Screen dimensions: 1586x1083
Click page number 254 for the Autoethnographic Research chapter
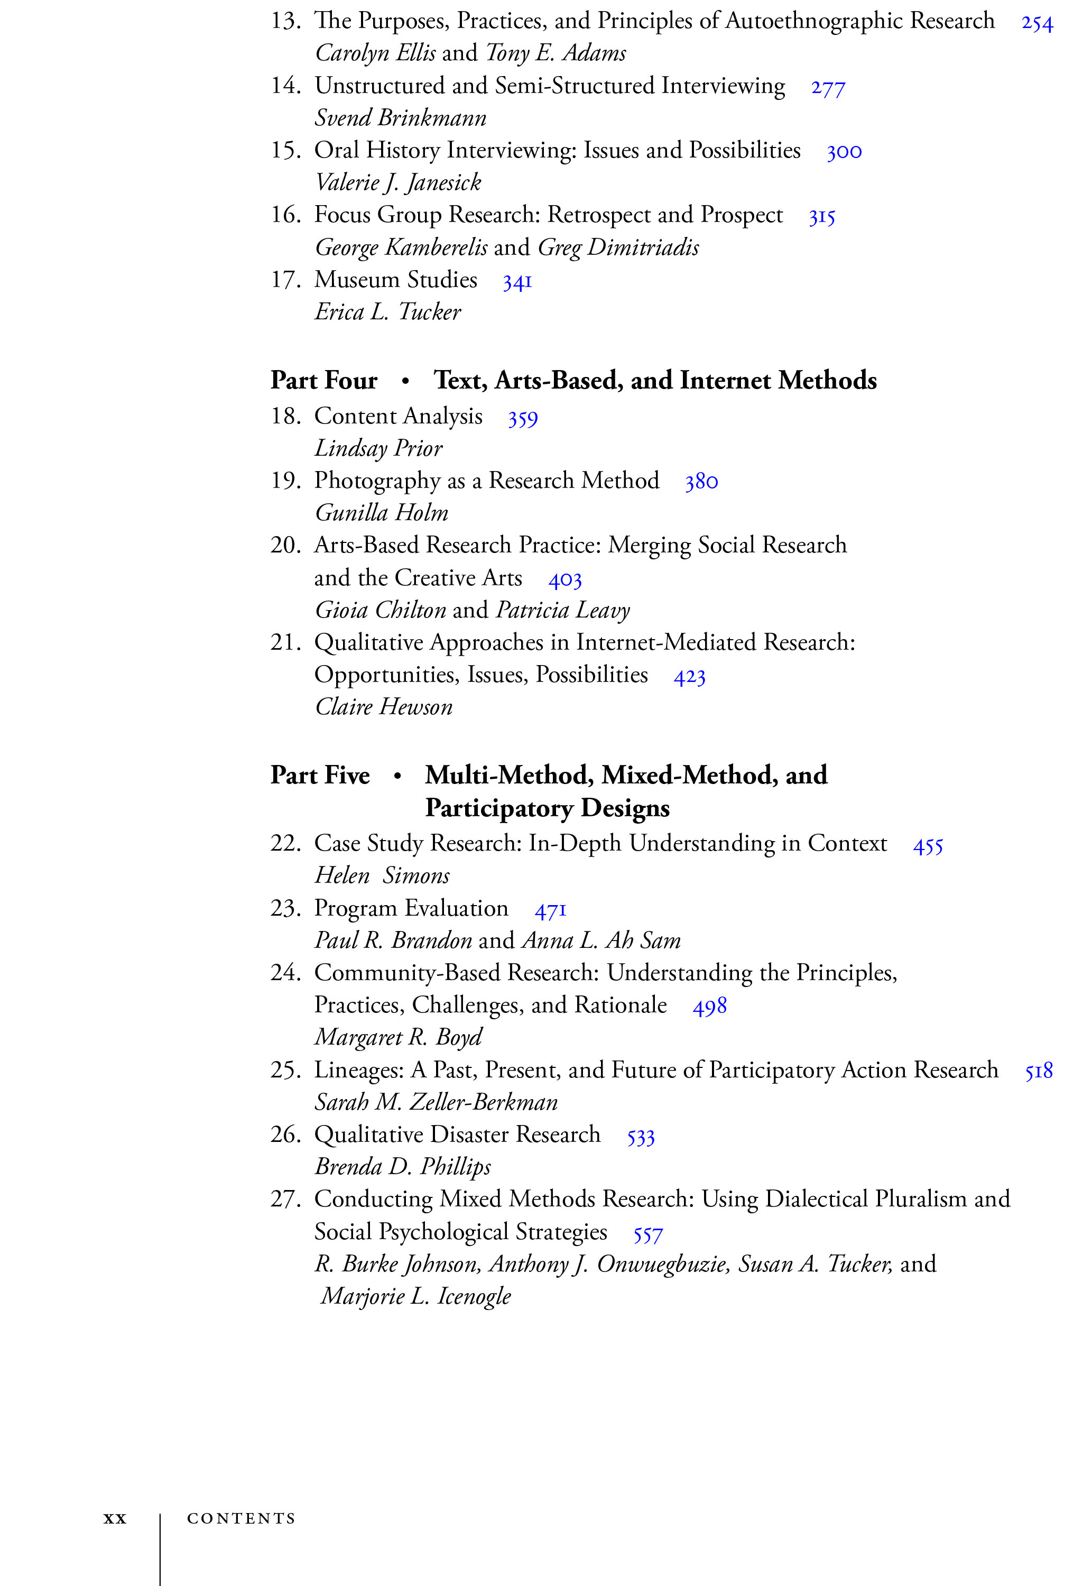tap(1036, 23)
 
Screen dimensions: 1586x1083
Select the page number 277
tap(828, 88)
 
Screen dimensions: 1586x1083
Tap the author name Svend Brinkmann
tap(400, 118)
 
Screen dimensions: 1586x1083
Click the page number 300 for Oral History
tap(844, 152)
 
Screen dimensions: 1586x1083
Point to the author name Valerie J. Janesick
tap(398, 183)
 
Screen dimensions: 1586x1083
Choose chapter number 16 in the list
tap(285, 216)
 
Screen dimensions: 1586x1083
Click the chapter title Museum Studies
tap(395, 280)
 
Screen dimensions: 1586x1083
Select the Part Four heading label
tap(323, 380)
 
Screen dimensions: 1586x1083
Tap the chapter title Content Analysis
tap(398, 416)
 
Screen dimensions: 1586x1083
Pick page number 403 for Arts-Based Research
tap(564, 580)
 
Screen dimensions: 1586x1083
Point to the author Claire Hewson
tap(384, 707)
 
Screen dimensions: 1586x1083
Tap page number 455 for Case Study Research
tap(928, 847)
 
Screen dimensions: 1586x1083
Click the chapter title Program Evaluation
tap(411, 908)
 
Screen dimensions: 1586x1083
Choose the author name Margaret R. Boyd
tap(398, 1037)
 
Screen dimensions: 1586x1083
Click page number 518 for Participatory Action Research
tap(1038, 1072)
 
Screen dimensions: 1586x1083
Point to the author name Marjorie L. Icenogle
tap(415, 1296)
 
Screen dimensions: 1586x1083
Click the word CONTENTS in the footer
tap(241, 1518)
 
